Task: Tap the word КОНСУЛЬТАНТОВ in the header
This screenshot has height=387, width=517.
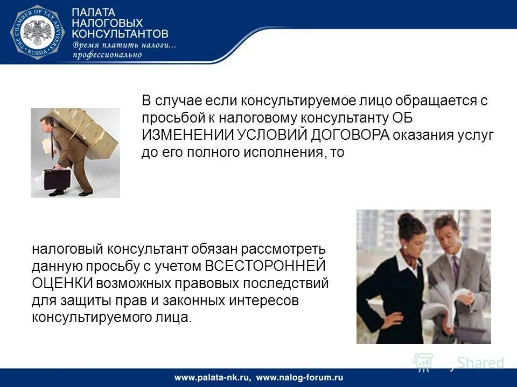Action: pyautogui.click(x=120, y=33)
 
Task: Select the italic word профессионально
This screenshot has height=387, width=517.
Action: pyautogui.click(x=107, y=54)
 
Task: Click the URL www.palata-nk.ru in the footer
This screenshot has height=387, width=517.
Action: pyautogui.click(x=212, y=377)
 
